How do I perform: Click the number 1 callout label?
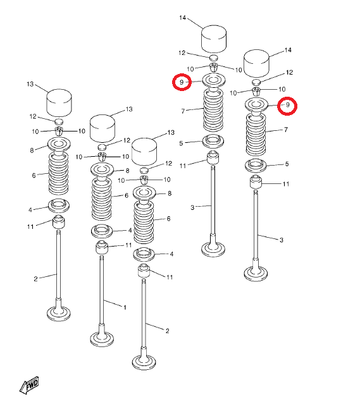click(125, 307)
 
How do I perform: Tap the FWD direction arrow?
click(30, 384)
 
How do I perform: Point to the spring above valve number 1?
click(101, 199)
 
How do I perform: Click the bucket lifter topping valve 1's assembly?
click(102, 129)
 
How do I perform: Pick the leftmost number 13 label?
click(30, 84)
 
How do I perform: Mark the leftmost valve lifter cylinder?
click(59, 103)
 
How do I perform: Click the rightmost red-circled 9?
click(287, 106)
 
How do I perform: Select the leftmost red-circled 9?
click(182, 82)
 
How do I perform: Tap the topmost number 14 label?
click(183, 18)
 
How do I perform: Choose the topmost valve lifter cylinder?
click(214, 39)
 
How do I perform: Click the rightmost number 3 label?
click(282, 240)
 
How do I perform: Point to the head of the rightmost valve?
click(256, 274)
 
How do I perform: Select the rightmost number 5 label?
click(287, 164)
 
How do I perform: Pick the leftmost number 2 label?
click(35, 279)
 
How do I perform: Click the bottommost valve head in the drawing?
click(144, 362)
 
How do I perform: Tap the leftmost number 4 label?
click(30, 210)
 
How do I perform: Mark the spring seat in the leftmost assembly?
click(59, 205)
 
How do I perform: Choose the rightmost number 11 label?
click(286, 184)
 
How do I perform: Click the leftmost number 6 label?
click(34, 175)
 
